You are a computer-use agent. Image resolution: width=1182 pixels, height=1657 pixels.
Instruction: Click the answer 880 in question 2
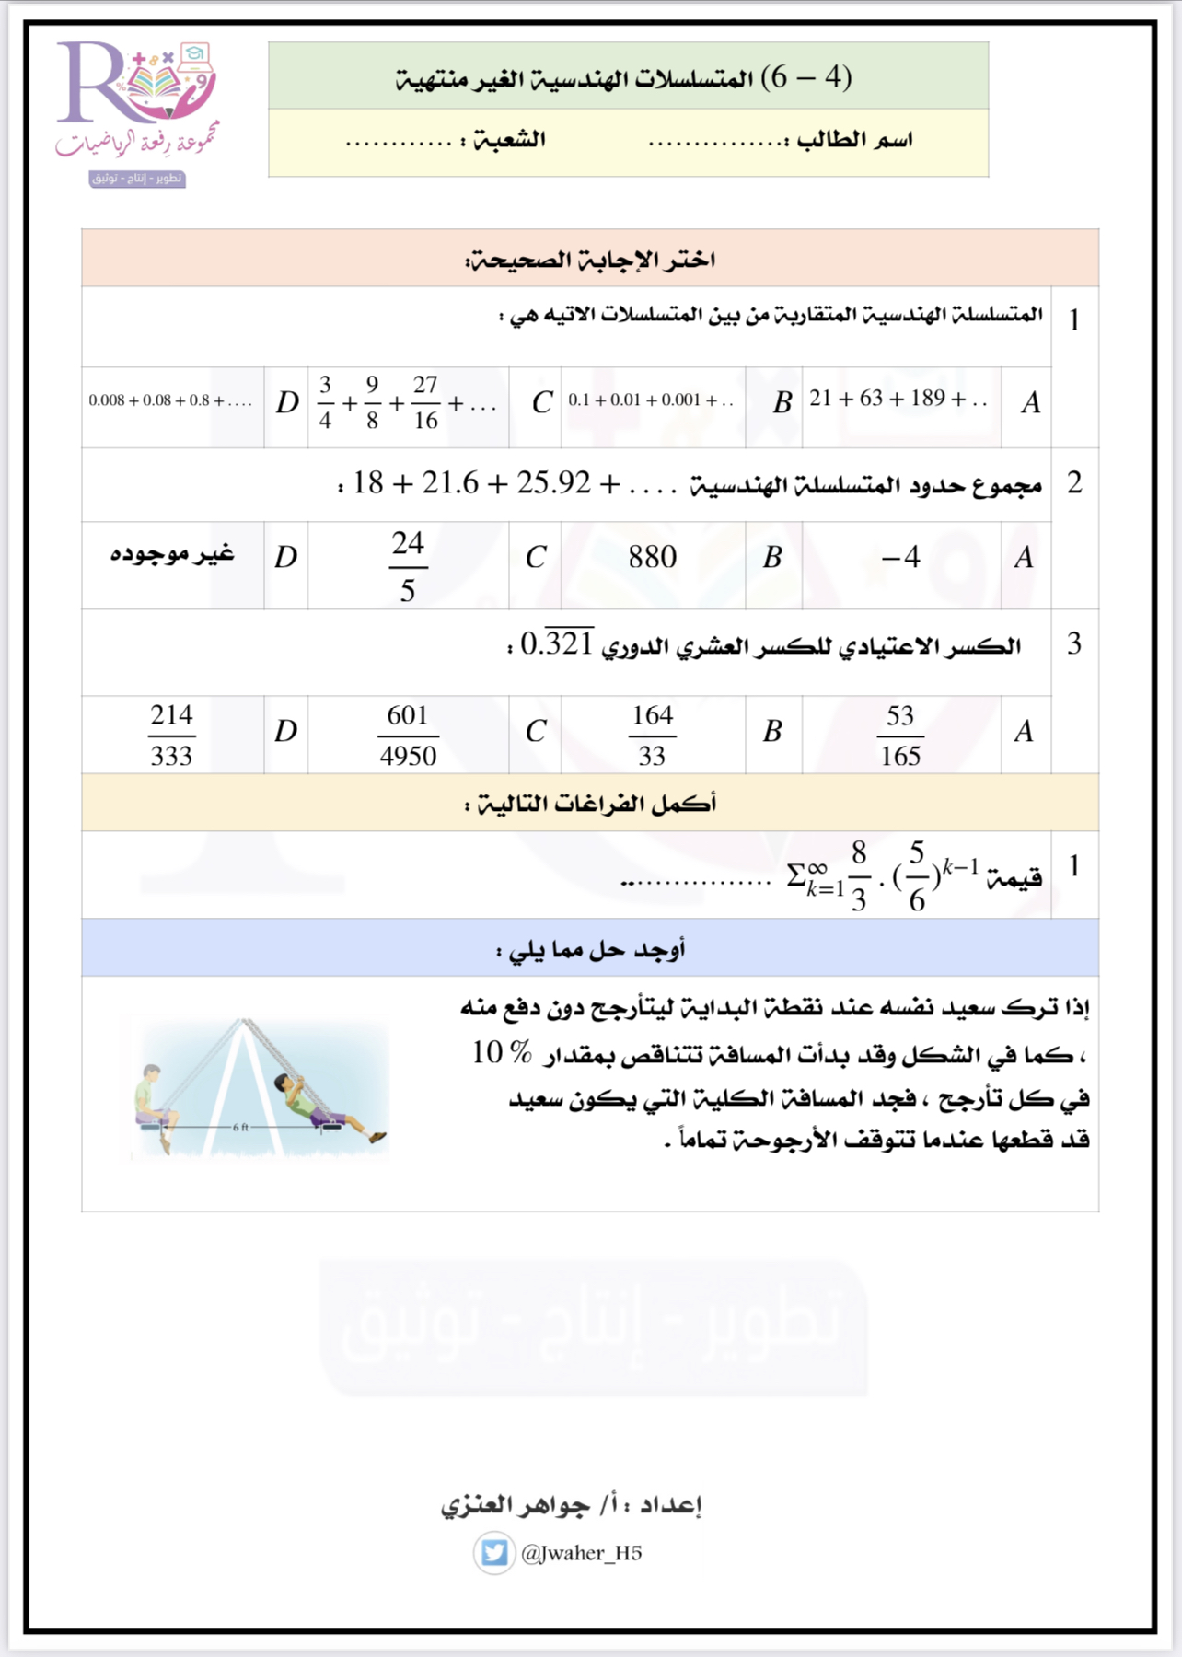652,557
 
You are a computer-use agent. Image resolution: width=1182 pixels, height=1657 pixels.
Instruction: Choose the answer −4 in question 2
899,557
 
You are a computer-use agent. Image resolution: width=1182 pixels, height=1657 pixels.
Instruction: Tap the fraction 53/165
899,736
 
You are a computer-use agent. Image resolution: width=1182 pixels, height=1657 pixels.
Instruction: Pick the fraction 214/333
171,736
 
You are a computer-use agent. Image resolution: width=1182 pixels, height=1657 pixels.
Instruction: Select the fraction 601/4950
407,736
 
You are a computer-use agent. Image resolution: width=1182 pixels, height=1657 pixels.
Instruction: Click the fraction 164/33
652,736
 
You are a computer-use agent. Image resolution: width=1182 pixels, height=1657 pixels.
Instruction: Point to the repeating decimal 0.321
557,643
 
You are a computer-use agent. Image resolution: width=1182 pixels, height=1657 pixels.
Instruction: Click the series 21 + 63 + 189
898,399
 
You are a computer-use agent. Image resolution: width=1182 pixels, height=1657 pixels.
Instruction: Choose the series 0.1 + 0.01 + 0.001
650,400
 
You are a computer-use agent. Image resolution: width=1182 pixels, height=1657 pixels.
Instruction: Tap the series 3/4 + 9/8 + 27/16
406,402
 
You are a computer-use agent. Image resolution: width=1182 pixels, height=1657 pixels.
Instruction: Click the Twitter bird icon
494,1553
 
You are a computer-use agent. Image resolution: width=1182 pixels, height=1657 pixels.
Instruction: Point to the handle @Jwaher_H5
581,1553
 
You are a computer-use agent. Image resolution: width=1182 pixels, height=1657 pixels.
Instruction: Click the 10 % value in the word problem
502,1052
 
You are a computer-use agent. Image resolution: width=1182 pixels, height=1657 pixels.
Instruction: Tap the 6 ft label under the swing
240,1127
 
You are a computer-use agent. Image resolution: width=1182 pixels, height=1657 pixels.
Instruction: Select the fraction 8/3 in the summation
858,875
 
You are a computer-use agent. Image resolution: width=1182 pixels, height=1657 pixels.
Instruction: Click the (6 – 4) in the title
806,77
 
